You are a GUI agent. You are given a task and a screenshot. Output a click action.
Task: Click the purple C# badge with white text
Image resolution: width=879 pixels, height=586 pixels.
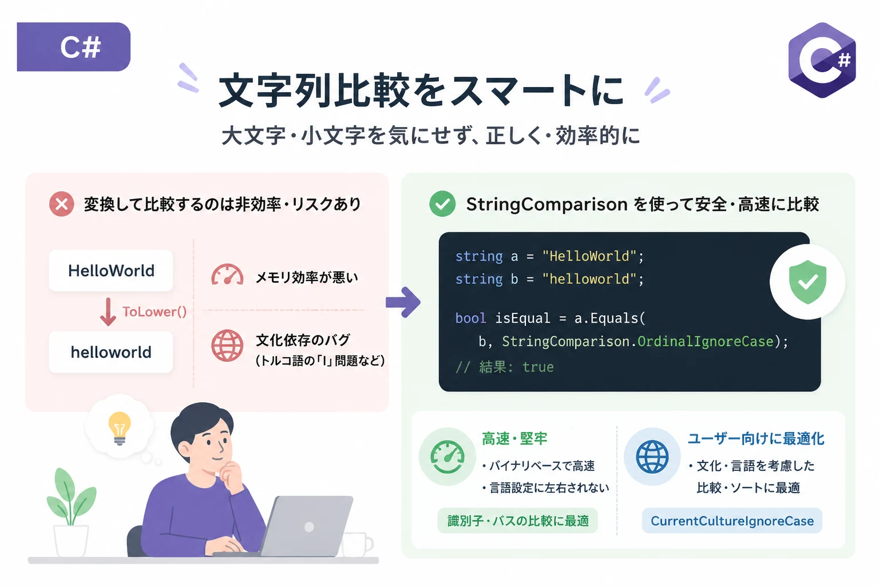point(73,47)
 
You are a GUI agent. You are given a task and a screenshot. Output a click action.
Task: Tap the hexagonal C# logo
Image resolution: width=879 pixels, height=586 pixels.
point(822,60)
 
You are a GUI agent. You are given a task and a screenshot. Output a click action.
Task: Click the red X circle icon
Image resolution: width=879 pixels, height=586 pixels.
point(62,204)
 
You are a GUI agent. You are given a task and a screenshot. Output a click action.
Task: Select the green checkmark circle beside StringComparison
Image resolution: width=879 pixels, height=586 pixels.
point(442,204)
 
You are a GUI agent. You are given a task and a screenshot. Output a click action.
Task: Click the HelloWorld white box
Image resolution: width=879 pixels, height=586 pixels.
point(111,271)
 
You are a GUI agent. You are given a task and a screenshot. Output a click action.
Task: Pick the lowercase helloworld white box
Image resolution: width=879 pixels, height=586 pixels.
point(111,352)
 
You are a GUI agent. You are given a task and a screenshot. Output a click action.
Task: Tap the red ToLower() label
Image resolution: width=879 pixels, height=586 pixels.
point(154,312)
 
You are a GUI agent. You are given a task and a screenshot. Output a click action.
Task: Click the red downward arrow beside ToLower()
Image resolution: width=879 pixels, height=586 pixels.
point(108,312)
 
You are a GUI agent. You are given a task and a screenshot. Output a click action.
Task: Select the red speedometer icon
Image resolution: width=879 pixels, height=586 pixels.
point(227,274)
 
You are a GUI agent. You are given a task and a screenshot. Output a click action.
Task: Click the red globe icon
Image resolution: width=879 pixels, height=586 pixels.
point(227,346)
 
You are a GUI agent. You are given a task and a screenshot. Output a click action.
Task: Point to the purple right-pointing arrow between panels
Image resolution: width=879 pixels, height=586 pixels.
point(403,302)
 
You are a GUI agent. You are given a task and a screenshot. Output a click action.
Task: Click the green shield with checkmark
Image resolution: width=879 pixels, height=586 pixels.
point(807,282)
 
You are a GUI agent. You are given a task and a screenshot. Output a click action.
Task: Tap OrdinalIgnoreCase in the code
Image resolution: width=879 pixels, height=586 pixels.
point(705,342)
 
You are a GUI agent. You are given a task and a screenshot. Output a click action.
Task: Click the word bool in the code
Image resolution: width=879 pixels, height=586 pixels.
point(470,318)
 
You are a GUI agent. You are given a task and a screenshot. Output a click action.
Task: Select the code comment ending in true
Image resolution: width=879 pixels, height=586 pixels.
point(505,367)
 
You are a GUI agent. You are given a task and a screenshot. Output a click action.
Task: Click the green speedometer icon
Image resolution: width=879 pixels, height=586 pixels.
point(448,457)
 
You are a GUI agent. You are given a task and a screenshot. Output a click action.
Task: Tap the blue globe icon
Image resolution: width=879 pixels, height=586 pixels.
point(652,457)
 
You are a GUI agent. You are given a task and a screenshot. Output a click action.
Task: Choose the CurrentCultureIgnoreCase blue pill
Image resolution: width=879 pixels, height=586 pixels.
point(732,521)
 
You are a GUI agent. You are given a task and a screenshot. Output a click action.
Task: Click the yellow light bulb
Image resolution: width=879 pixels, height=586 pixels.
point(120,428)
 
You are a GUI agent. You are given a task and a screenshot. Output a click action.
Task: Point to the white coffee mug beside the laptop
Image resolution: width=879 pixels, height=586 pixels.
point(357,544)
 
